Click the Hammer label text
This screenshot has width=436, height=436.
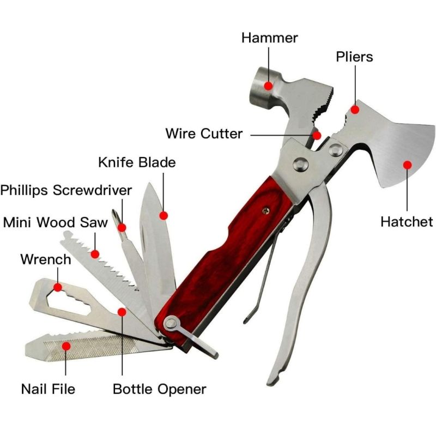coord(270,38)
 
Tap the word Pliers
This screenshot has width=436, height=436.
coord(354,57)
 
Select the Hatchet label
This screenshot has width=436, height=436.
coord(407,222)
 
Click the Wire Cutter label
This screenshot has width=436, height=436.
coord(204,134)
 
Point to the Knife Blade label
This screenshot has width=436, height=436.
coord(137,162)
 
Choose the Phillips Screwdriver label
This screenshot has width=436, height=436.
coord(66,190)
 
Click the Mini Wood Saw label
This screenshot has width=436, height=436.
coord(48,222)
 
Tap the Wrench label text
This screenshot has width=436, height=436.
coord(46,259)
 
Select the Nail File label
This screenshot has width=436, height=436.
coord(48,389)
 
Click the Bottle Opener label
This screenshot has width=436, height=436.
coord(159,389)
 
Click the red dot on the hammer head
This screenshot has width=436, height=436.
coord(268,86)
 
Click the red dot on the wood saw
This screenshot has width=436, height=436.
coord(95,253)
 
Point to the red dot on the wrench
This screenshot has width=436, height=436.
coord(57,286)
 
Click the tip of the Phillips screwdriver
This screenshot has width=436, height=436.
coord(116,211)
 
